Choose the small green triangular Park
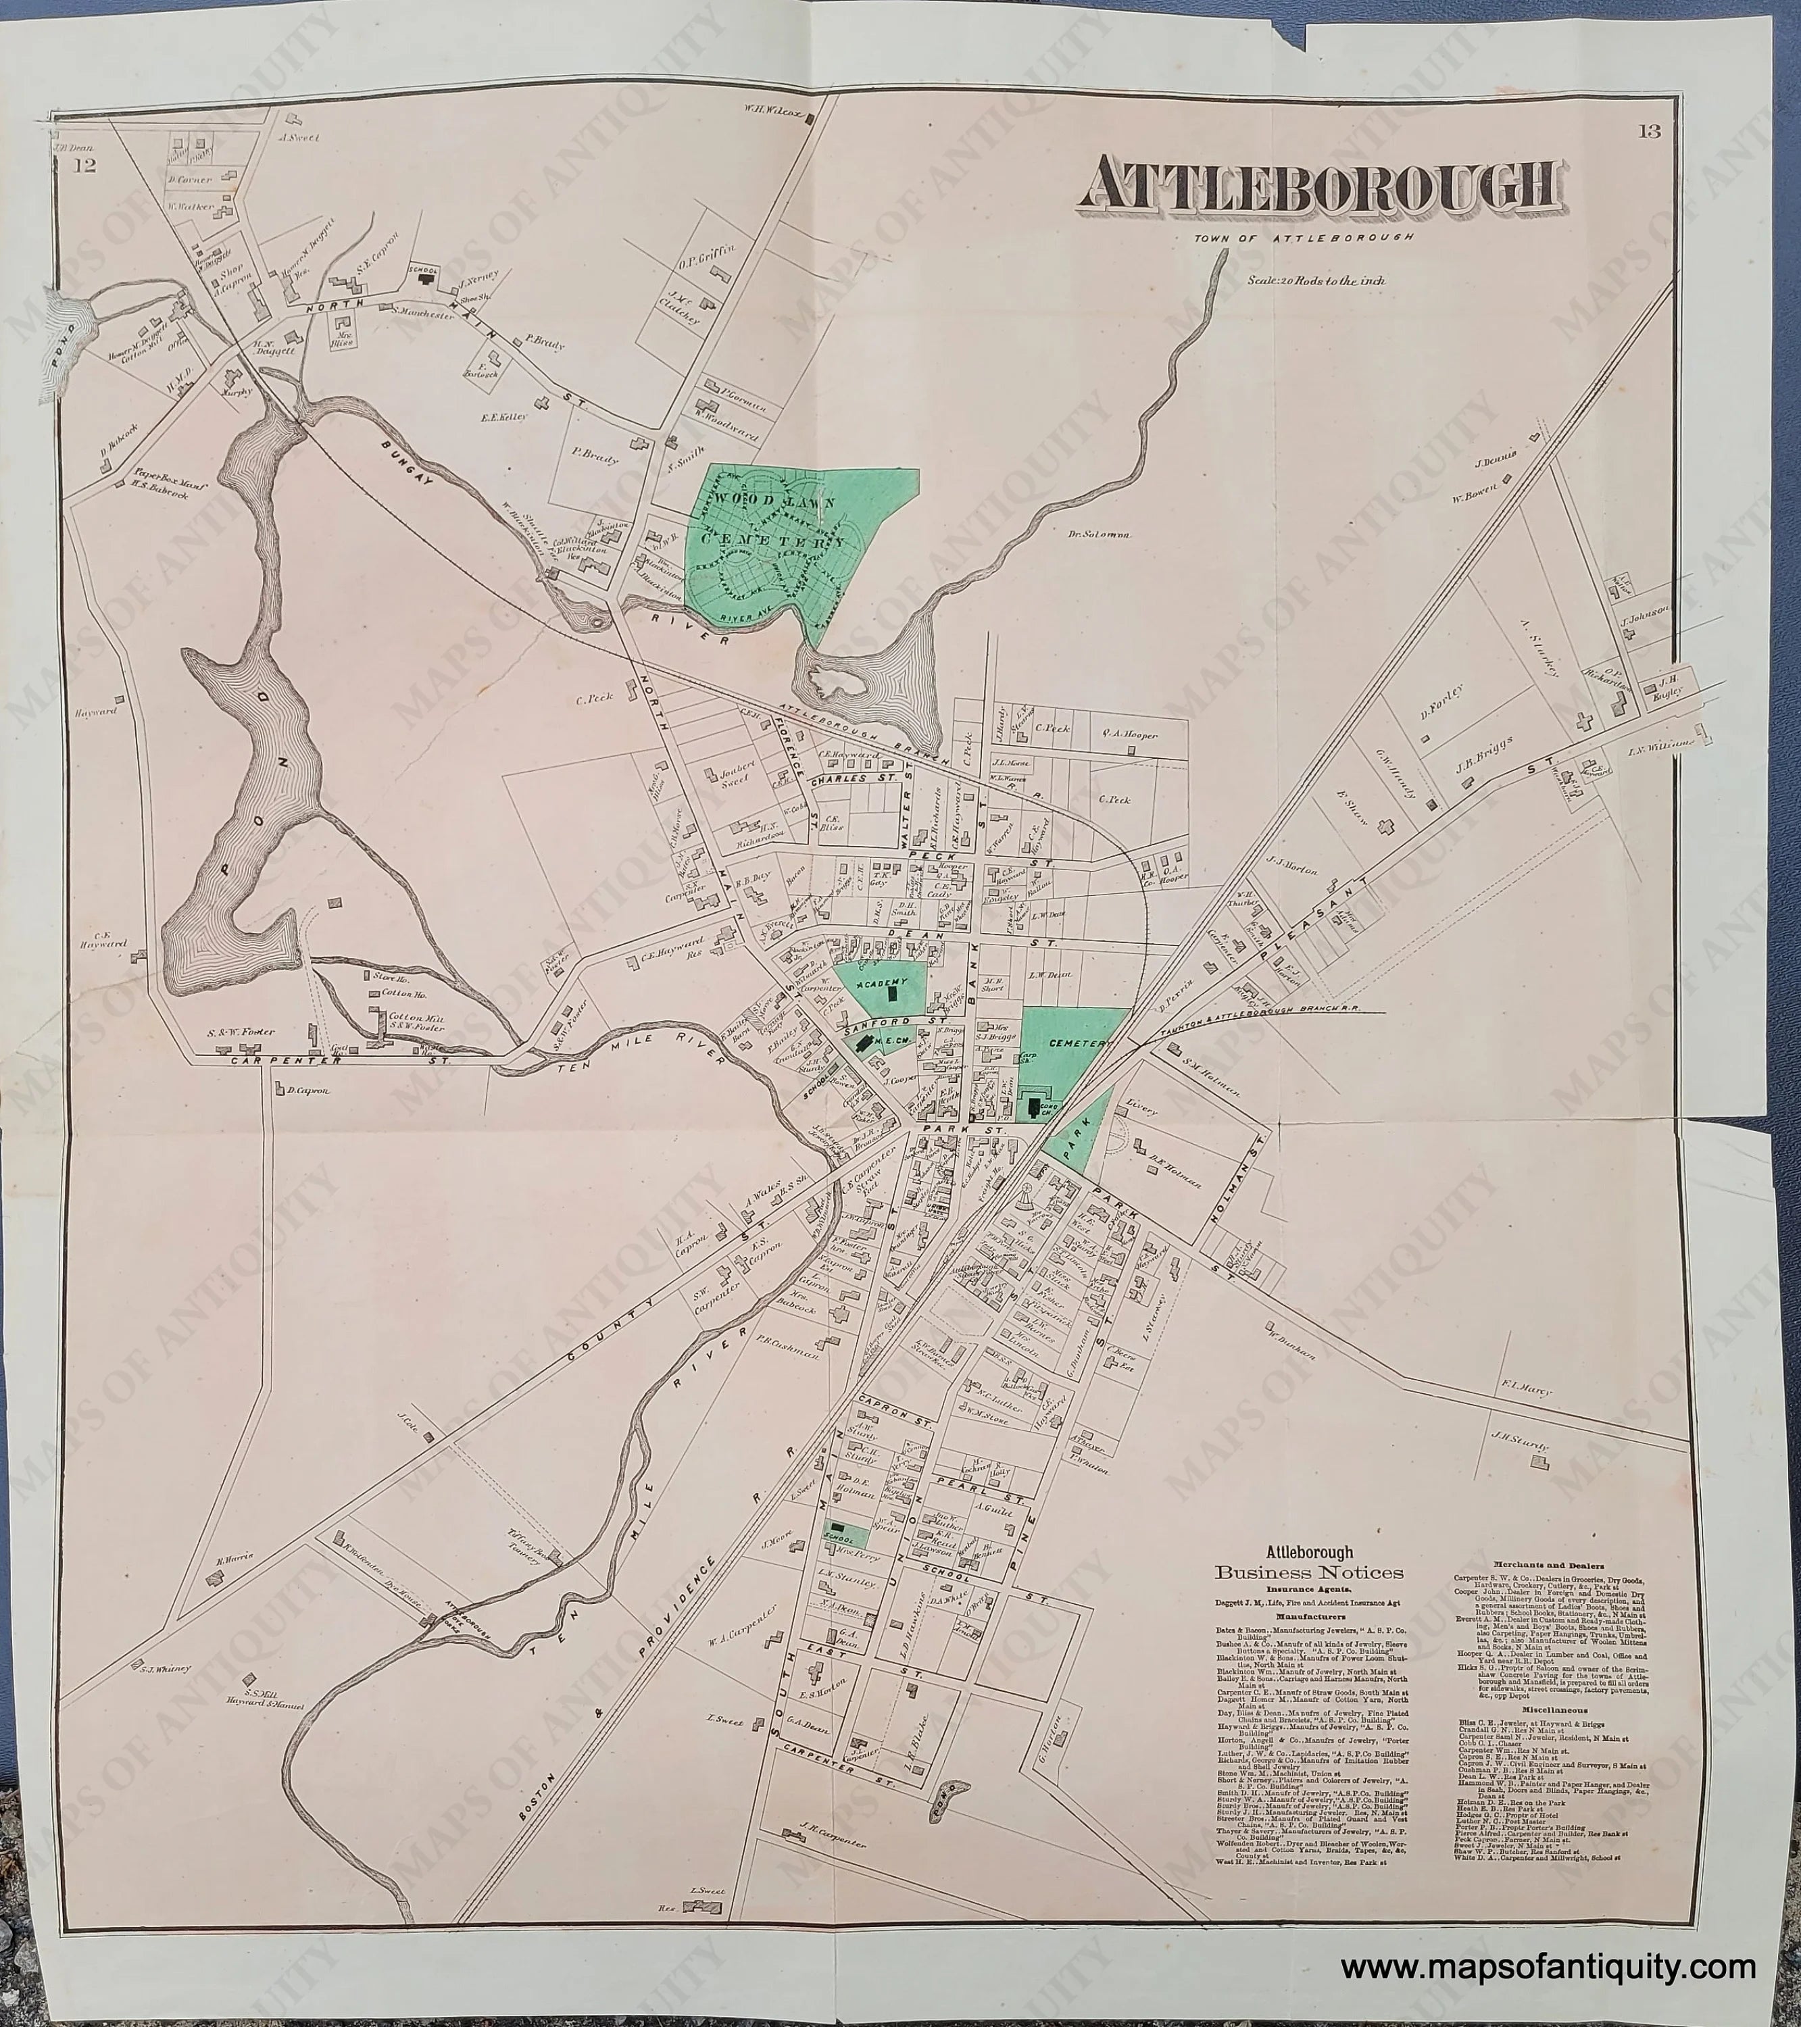click(1077, 1130)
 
